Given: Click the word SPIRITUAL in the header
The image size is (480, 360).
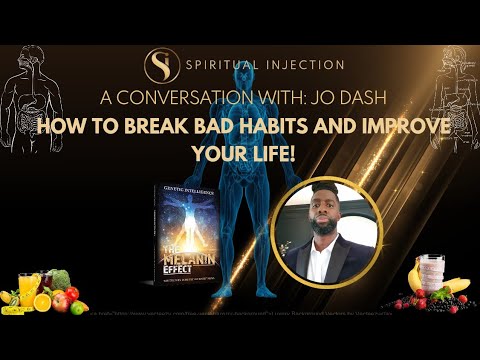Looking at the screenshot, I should [222, 65].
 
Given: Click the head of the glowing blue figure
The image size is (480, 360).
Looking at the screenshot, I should [240, 158].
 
